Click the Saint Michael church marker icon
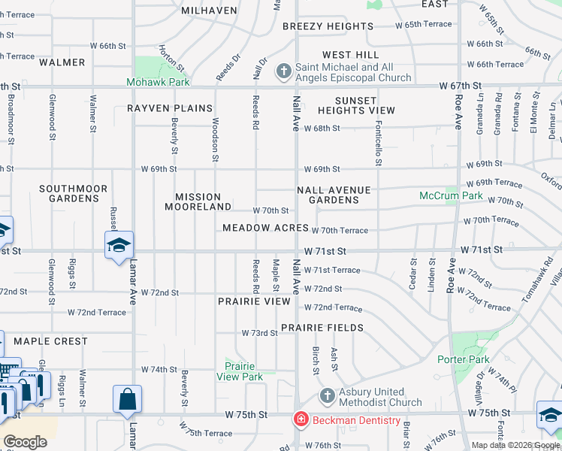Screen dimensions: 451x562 (283, 71)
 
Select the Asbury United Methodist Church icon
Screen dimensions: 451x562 (327, 395)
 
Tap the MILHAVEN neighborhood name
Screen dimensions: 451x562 (210, 11)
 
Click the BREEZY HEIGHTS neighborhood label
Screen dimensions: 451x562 (328, 26)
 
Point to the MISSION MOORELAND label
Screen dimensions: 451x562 (203, 201)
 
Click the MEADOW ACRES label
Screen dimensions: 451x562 (265, 228)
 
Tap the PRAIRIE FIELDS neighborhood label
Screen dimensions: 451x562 (322, 328)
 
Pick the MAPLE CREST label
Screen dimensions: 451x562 (50, 341)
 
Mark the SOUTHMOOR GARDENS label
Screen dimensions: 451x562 (74, 193)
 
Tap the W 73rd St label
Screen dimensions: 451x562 (260, 332)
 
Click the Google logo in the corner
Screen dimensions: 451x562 (25, 442)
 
